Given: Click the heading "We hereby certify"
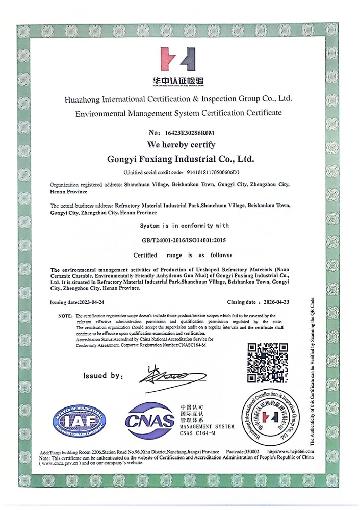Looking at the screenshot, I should click(179, 145).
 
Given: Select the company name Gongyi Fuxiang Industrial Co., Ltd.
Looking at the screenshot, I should click(179, 159).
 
